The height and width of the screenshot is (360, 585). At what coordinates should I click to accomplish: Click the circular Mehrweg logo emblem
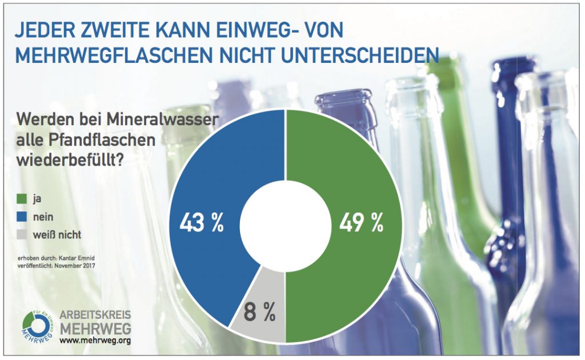click(35, 328)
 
